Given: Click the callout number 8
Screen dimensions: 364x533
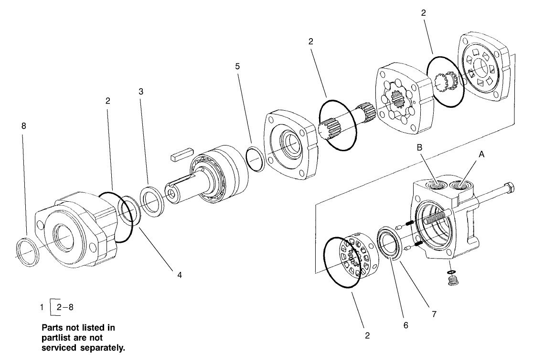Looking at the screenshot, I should pos(24,126).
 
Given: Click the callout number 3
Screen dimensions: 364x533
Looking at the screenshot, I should pos(141,91).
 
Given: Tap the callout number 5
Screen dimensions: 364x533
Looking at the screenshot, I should pos(237,66).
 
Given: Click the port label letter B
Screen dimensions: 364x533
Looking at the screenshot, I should pos(419,148).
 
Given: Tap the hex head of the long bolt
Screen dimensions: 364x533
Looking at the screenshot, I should pos(510,188).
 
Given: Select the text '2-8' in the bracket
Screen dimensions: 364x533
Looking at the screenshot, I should pos(64,307).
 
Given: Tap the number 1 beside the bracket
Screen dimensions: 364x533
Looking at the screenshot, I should pos(43,307).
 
